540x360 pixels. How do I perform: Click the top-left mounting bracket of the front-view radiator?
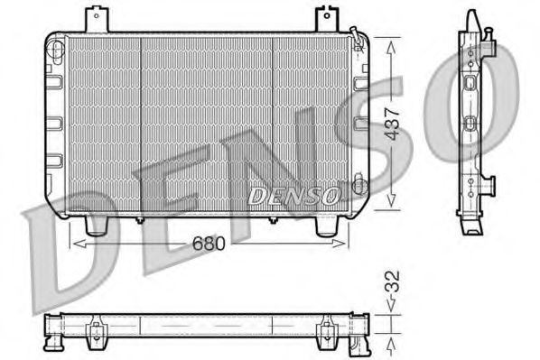(x=96, y=18)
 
